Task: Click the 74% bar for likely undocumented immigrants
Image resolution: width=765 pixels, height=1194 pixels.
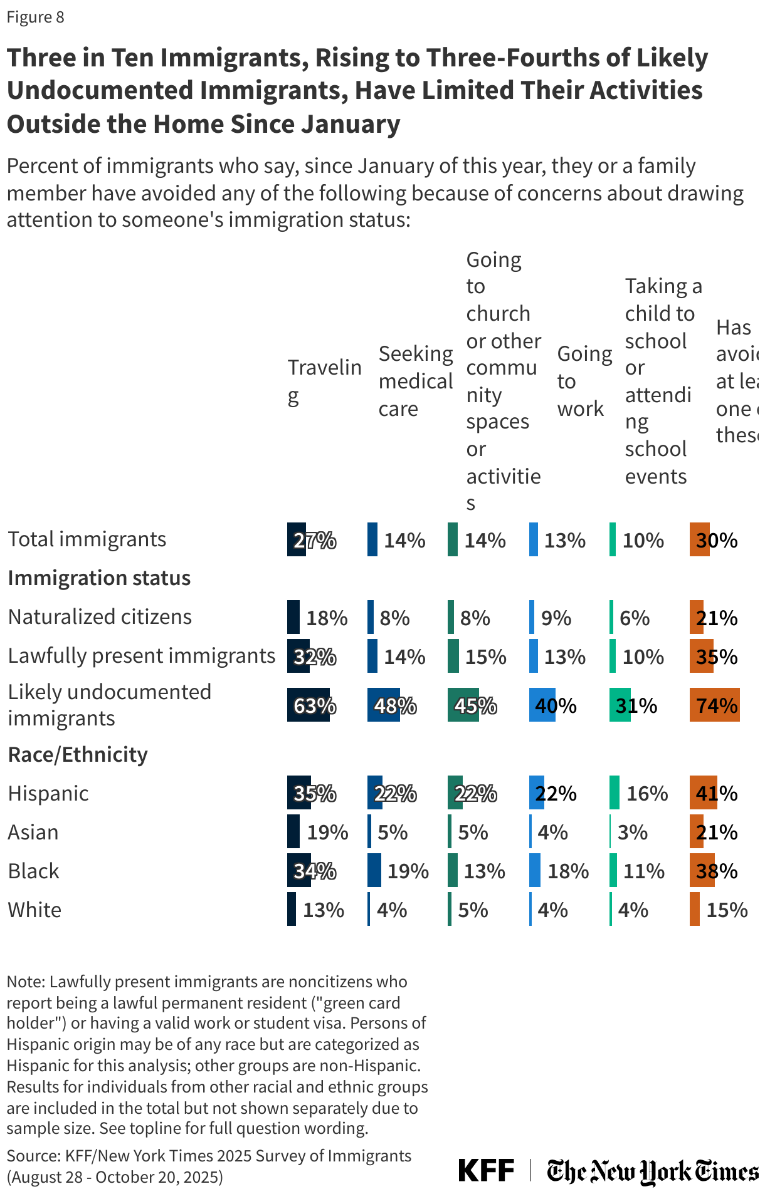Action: [714, 705]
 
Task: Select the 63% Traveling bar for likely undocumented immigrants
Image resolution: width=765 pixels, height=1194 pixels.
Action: [309, 705]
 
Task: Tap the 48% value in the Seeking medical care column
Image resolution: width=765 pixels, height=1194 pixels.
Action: [395, 706]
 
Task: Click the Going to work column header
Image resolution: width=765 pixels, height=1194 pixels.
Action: [584, 381]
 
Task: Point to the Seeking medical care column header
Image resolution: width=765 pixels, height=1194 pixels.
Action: [415, 381]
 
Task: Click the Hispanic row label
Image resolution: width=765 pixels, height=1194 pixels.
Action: [48, 793]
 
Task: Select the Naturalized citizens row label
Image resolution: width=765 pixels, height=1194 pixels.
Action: [100, 616]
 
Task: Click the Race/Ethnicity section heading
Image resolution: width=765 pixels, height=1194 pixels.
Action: [78, 754]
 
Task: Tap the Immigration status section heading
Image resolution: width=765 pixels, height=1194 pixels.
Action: [99, 578]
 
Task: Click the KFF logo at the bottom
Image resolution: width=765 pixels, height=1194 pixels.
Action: [486, 1170]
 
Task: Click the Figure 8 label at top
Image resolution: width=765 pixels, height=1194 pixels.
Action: [35, 17]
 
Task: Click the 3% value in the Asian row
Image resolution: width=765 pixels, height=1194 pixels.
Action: [632, 833]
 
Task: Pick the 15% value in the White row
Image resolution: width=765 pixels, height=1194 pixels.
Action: [727, 910]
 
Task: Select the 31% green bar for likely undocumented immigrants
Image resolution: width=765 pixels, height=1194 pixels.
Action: [620, 705]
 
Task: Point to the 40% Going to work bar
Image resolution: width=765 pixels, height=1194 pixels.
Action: [542, 705]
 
